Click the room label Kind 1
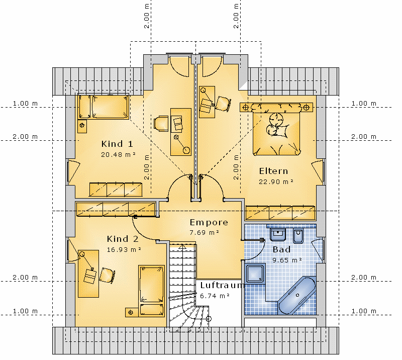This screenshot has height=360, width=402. [x=117, y=144]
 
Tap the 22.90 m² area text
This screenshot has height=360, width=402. [x=276, y=182]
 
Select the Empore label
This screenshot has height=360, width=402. [x=209, y=222]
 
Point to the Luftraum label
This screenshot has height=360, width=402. [x=222, y=285]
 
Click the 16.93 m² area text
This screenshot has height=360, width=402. [x=124, y=249]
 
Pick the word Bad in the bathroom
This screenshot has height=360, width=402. [x=281, y=249]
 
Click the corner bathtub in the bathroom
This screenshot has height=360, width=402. [x=297, y=295]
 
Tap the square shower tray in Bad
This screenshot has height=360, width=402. [x=255, y=274]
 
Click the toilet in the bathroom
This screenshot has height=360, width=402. [x=298, y=235]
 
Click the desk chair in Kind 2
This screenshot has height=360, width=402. [x=107, y=276]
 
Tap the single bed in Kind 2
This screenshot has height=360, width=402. [x=152, y=291]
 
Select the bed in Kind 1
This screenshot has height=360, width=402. [x=104, y=107]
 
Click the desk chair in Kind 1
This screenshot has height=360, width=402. [x=161, y=123]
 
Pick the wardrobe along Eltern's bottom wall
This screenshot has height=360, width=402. [x=280, y=213]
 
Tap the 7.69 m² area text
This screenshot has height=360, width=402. [x=205, y=232]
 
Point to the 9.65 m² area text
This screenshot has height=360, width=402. [x=287, y=260]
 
